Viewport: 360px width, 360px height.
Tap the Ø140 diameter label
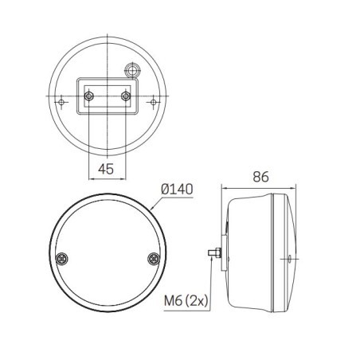click(178, 190)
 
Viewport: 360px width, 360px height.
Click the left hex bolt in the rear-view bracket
click(88, 96)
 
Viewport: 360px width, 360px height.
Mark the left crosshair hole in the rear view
click(62, 102)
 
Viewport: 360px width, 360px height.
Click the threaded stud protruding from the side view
click(213, 254)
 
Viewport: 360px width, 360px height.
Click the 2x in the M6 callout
click(199, 300)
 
